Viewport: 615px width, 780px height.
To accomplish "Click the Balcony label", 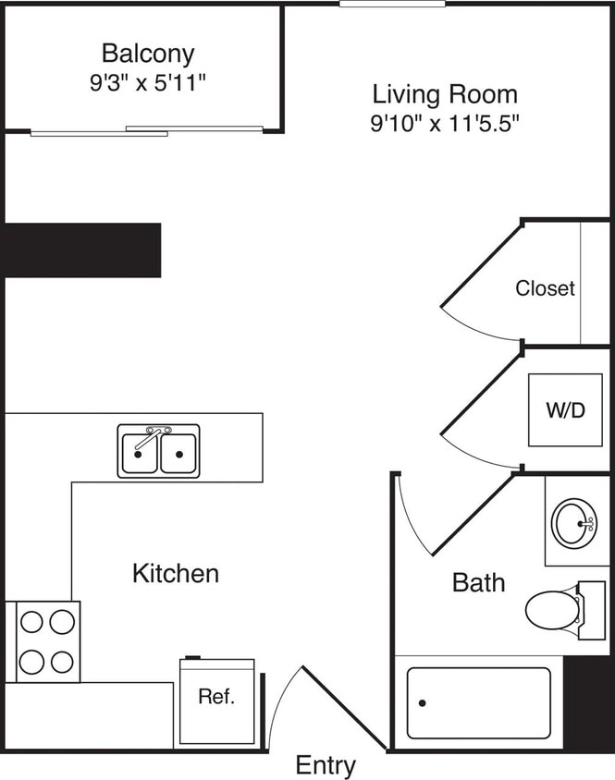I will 148,53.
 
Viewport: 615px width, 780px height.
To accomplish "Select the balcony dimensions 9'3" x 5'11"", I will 148,82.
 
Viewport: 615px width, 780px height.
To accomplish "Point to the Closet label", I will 545,288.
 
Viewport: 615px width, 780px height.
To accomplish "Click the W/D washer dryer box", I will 566,408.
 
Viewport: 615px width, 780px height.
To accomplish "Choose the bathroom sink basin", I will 574,522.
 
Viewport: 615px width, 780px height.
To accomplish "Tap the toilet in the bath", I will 553,610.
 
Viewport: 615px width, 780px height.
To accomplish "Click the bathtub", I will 478,702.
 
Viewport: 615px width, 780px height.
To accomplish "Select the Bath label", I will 478,582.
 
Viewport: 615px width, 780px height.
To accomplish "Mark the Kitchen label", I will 176,573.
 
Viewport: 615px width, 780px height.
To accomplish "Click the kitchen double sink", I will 158,452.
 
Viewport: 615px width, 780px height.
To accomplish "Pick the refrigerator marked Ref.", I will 216,701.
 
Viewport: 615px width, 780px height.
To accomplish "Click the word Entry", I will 326,765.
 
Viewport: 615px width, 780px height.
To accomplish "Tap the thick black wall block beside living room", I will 81,250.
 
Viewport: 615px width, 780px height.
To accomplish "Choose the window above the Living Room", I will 392,5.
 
